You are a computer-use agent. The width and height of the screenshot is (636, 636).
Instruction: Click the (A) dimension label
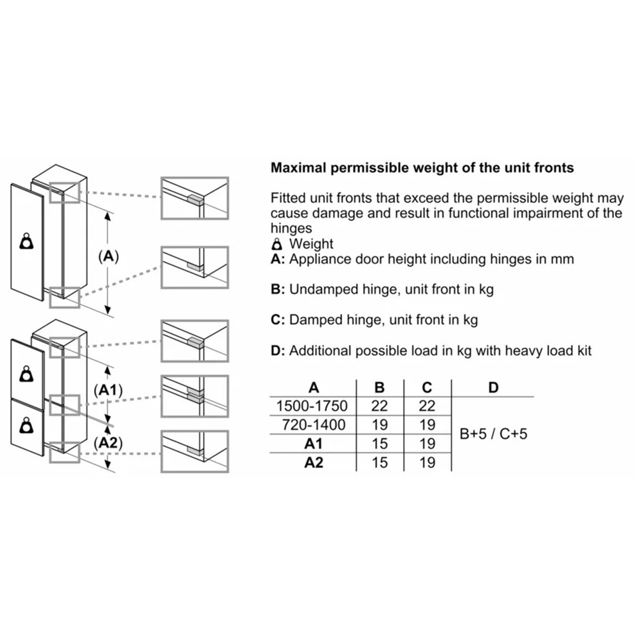(x=109, y=257)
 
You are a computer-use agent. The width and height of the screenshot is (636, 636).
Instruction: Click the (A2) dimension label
(x=109, y=443)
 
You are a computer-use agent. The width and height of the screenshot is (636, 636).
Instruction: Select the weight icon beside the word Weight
(x=277, y=244)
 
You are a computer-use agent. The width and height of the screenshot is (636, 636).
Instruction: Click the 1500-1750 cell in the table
(x=312, y=406)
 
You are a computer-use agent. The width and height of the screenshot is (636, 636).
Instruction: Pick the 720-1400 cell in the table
(x=314, y=424)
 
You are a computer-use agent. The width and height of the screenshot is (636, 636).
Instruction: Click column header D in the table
(x=493, y=387)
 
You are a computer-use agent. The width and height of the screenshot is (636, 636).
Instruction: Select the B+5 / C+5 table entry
(x=494, y=434)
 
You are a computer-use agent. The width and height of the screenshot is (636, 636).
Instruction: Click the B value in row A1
(x=379, y=444)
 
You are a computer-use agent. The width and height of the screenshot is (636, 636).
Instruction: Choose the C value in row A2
(x=427, y=462)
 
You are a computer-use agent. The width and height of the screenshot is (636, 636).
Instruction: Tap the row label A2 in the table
(x=314, y=462)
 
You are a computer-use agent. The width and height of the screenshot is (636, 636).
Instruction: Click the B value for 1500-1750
(x=379, y=406)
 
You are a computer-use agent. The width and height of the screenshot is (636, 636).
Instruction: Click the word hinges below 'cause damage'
(x=291, y=228)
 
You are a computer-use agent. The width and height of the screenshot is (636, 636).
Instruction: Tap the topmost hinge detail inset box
(x=195, y=198)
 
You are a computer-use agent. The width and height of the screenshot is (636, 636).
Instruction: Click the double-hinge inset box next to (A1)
(x=195, y=396)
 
